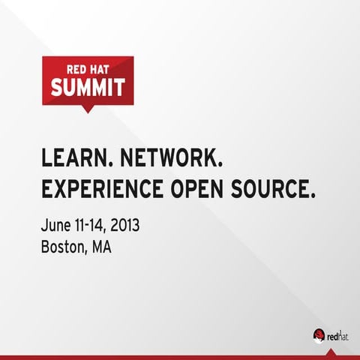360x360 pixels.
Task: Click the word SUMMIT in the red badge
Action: pos(88,88)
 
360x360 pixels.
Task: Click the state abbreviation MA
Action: pos(101,247)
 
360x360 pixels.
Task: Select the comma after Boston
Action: pos(86,253)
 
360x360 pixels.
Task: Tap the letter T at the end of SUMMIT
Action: pos(119,88)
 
